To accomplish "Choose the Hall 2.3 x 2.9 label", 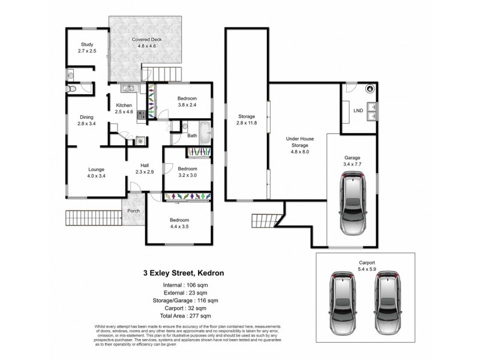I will (x=144, y=169).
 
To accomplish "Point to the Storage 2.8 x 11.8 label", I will (x=247, y=119).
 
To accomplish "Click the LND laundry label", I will (x=358, y=111).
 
